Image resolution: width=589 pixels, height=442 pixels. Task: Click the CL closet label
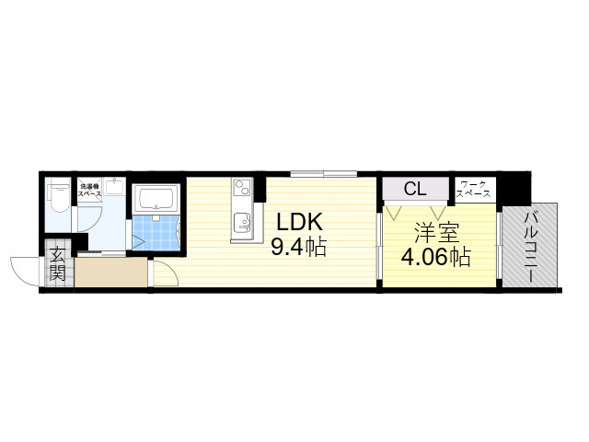click(x=415, y=189)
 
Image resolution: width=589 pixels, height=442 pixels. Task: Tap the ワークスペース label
click(x=475, y=190)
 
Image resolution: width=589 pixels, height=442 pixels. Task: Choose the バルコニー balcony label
click(x=533, y=242)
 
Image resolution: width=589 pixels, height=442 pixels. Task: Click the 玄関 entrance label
click(x=57, y=263)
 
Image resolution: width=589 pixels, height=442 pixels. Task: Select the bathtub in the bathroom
click(x=155, y=199)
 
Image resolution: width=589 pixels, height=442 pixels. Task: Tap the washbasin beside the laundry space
click(x=115, y=187)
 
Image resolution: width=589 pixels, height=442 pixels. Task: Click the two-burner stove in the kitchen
click(x=242, y=190)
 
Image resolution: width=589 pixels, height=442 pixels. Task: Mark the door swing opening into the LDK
click(x=163, y=273)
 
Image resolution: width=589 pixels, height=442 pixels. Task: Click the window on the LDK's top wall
click(x=323, y=173)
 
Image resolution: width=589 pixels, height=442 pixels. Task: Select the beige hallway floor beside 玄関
click(x=110, y=273)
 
